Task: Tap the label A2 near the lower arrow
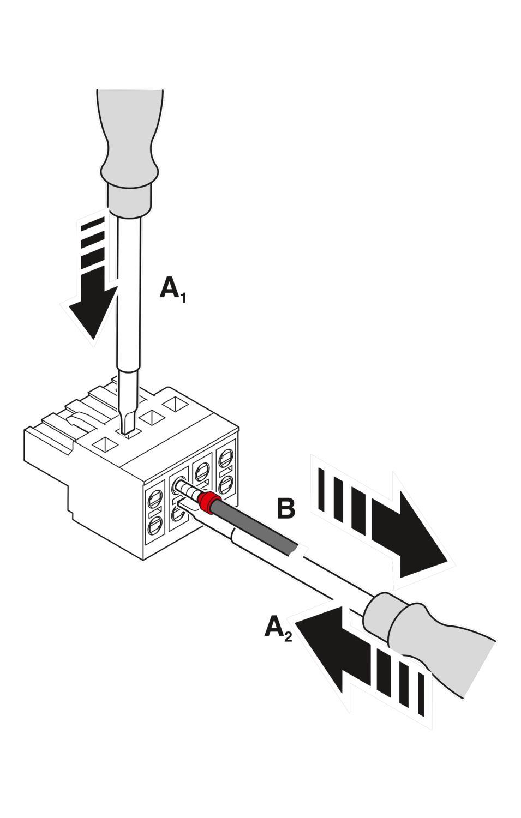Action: point(278,628)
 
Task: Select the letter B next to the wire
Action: point(286,508)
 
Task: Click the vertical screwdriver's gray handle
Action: point(129,147)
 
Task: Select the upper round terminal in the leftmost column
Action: point(155,498)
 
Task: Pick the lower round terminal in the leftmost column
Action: point(155,525)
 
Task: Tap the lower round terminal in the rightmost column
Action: point(226,482)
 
